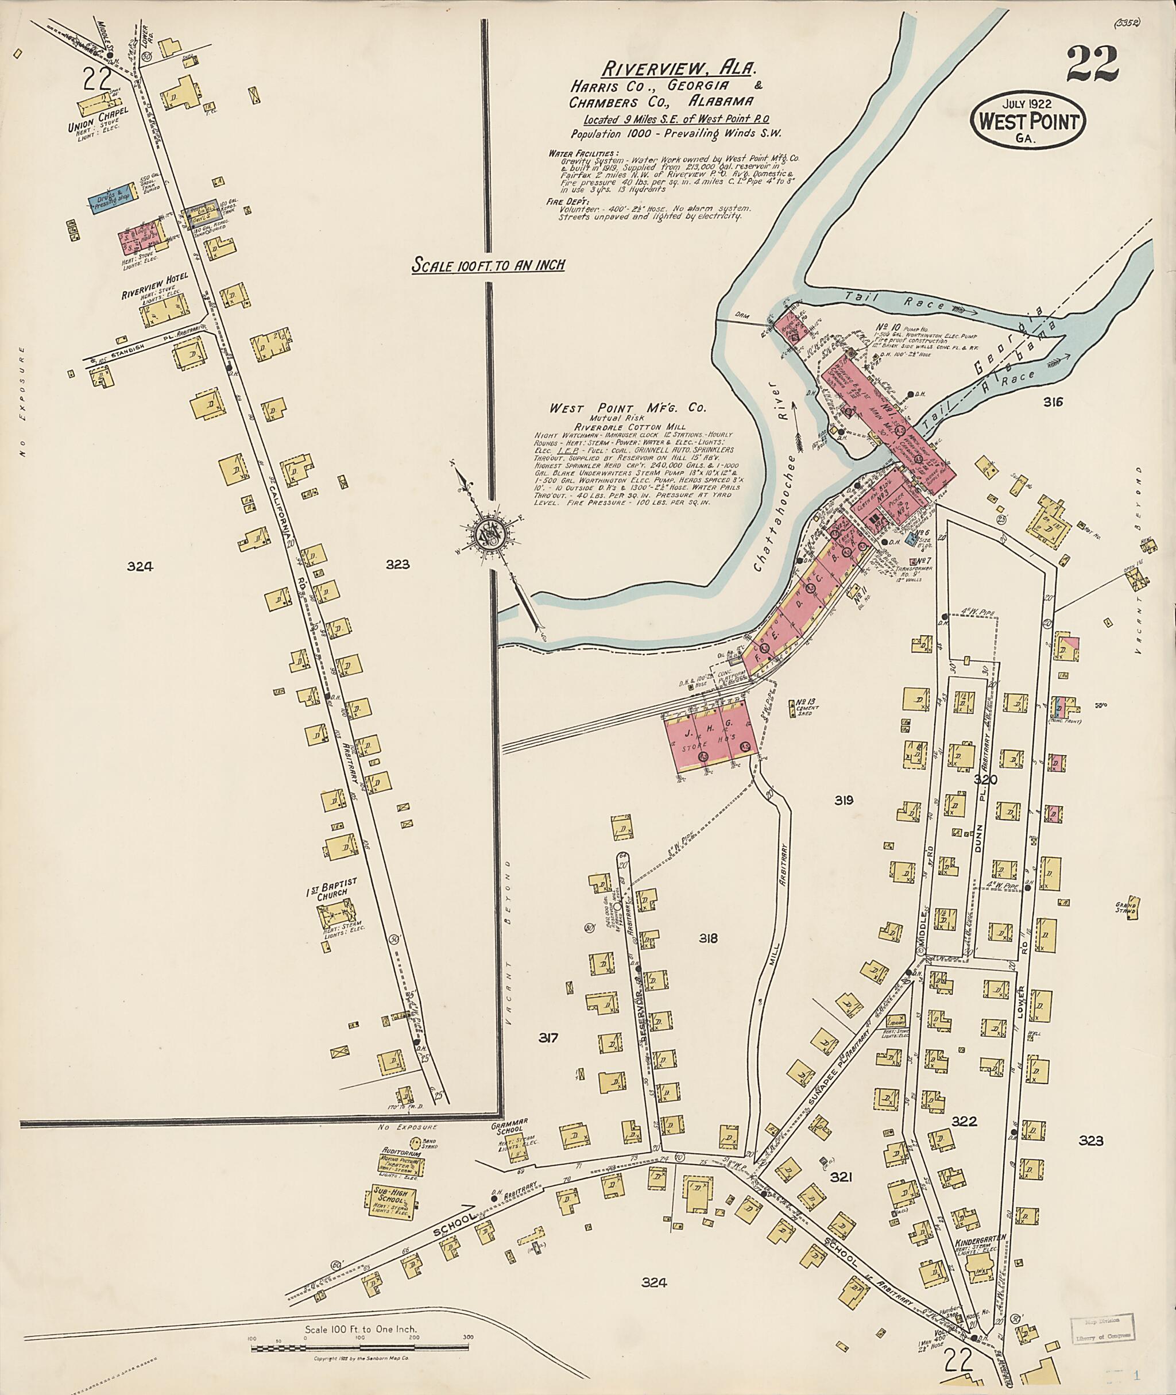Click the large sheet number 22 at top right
tap(1092, 65)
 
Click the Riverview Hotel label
tap(154, 276)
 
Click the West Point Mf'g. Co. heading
tap(627, 408)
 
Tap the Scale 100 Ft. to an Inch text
tap(488, 265)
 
